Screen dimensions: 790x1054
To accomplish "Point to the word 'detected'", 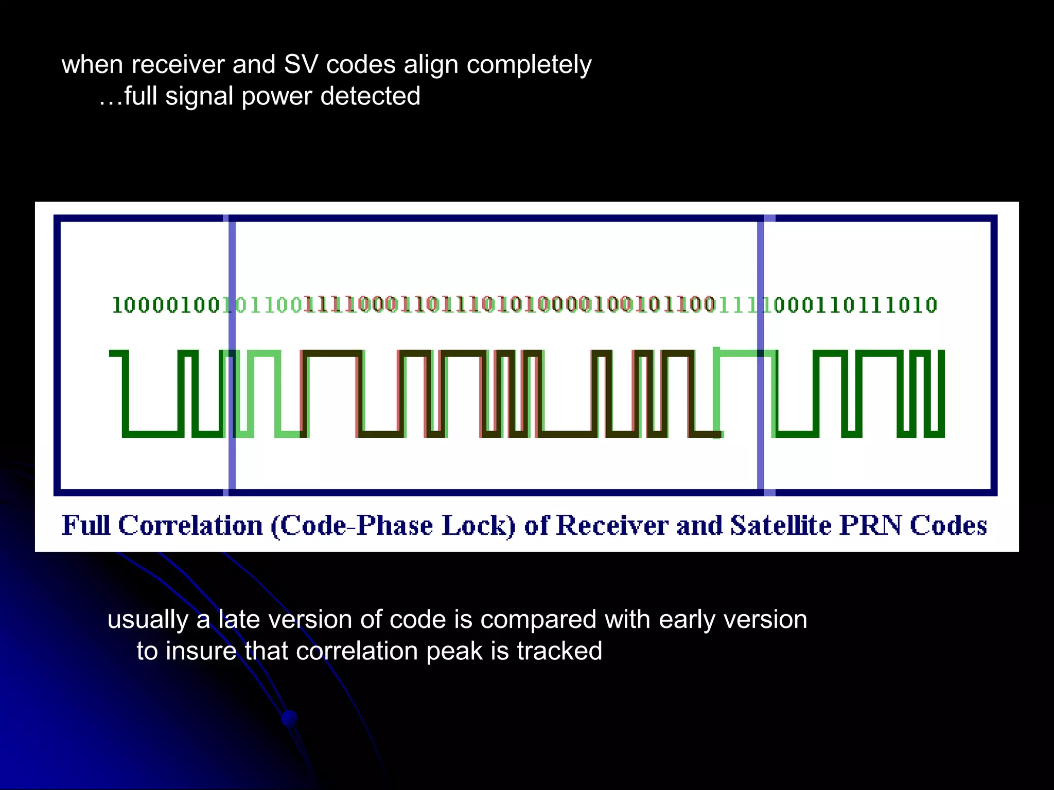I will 370,96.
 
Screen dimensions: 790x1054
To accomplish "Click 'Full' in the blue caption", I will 86,525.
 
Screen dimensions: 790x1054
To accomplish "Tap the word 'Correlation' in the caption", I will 190,525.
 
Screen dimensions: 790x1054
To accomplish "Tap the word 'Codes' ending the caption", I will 948,525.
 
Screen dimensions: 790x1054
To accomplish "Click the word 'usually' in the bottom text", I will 148,620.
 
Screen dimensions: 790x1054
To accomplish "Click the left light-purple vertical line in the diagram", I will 232,355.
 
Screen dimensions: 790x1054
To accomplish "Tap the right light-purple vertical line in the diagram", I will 761,355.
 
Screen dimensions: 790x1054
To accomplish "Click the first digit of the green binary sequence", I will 116,306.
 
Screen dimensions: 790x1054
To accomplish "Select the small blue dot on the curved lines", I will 289,717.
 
